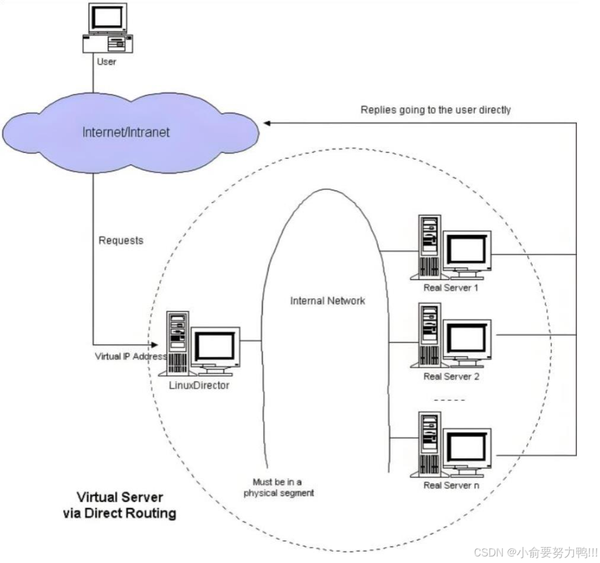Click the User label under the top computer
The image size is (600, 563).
(107, 62)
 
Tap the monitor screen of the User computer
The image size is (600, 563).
(108, 18)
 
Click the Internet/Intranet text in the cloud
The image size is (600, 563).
(126, 133)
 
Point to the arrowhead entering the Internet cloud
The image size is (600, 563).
(267, 123)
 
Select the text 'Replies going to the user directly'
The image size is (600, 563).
(435, 110)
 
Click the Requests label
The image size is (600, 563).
(121, 240)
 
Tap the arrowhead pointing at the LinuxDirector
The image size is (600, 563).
(154, 345)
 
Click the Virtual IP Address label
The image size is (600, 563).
(131, 356)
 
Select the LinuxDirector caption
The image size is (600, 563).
(199, 385)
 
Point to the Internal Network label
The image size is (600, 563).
(328, 301)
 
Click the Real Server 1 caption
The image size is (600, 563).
(451, 288)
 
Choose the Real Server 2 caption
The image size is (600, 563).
(451, 377)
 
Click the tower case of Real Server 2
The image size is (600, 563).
(429, 335)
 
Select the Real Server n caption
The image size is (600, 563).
(451, 485)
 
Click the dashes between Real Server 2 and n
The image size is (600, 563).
(450, 400)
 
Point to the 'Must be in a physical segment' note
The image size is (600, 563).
(278, 487)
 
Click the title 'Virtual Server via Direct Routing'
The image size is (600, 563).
(120, 505)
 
